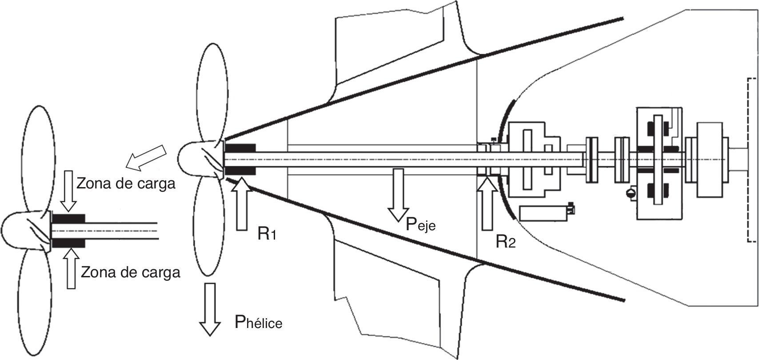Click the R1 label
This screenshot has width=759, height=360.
tap(267, 234)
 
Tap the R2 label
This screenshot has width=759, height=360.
tap(506, 242)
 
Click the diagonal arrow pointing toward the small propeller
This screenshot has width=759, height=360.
tap(146, 156)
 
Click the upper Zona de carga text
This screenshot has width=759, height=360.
tap(126, 184)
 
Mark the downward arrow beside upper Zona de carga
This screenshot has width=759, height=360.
tap(69, 191)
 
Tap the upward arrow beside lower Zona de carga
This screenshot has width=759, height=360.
tap(71, 268)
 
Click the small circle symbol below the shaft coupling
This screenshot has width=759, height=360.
tap(629, 193)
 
